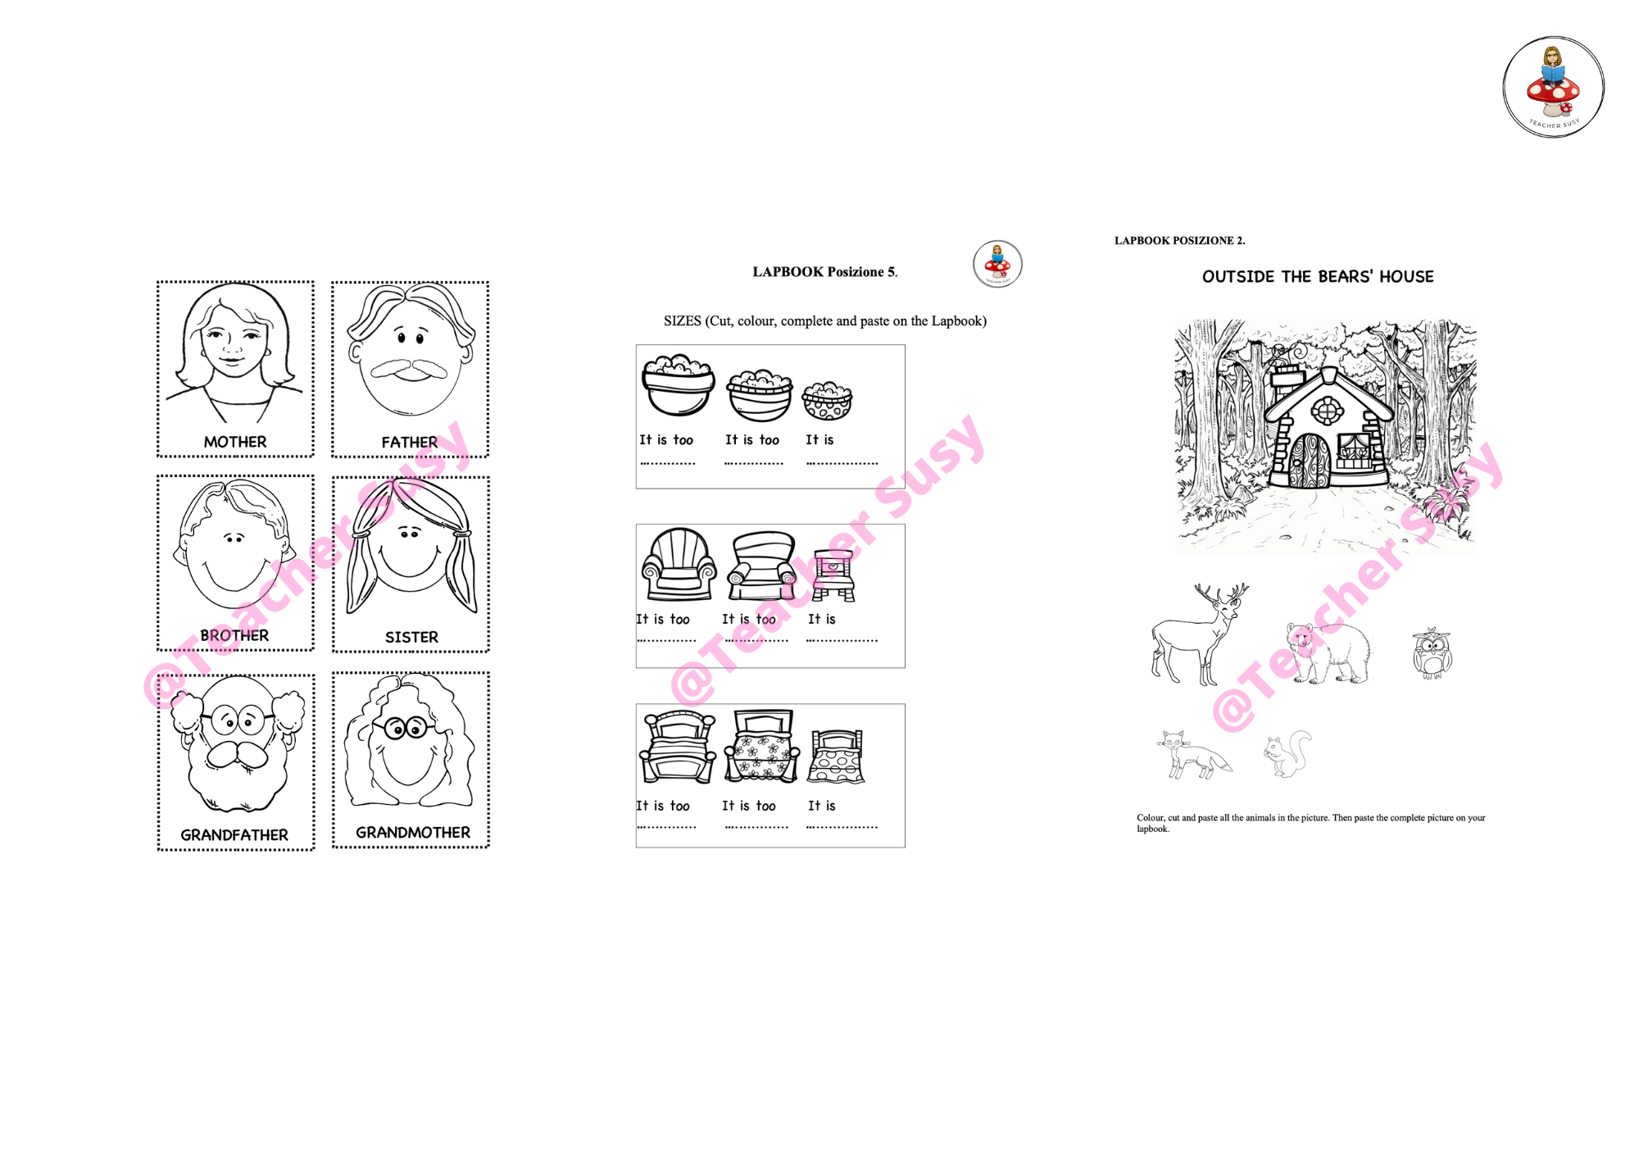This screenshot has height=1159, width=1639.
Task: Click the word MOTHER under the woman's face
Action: pyautogui.click(x=235, y=442)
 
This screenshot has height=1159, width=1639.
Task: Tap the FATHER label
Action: pyautogui.click(x=410, y=443)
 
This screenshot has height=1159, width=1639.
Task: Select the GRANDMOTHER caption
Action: pyautogui.click(x=413, y=833)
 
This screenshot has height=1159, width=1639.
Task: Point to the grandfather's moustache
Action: pyautogui.click(x=238, y=754)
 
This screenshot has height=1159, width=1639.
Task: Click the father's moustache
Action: pyautogui.click(x=410, y=370)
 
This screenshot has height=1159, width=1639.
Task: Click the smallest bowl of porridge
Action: pyautogui.click(x=827, y=401)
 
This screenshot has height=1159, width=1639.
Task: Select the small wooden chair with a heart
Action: pyautogui.click(x=833, y=575)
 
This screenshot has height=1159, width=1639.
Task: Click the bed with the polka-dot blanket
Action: pyautogui.click(x=836, y=757)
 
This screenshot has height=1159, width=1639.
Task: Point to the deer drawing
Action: pyautogui.click(x=1199, y=634)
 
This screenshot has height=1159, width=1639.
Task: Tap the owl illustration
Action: pyautogui.click(x=1432, y=653)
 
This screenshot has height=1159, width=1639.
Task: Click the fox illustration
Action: pyautogui.click(x=1194, y=754)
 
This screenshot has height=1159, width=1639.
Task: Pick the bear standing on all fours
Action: pyautogui.click(x=1328, y=652)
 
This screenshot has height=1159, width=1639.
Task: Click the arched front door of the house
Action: pyautogui.click(x=1310, y=461)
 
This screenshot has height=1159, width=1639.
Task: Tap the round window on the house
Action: pyautogui.click(x=1327, y=410)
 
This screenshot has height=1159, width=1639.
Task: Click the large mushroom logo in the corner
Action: pyautogui.click(x=1554, y=87)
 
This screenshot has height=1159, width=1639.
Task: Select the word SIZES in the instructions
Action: pyautogui.click(x=683, y=321)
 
